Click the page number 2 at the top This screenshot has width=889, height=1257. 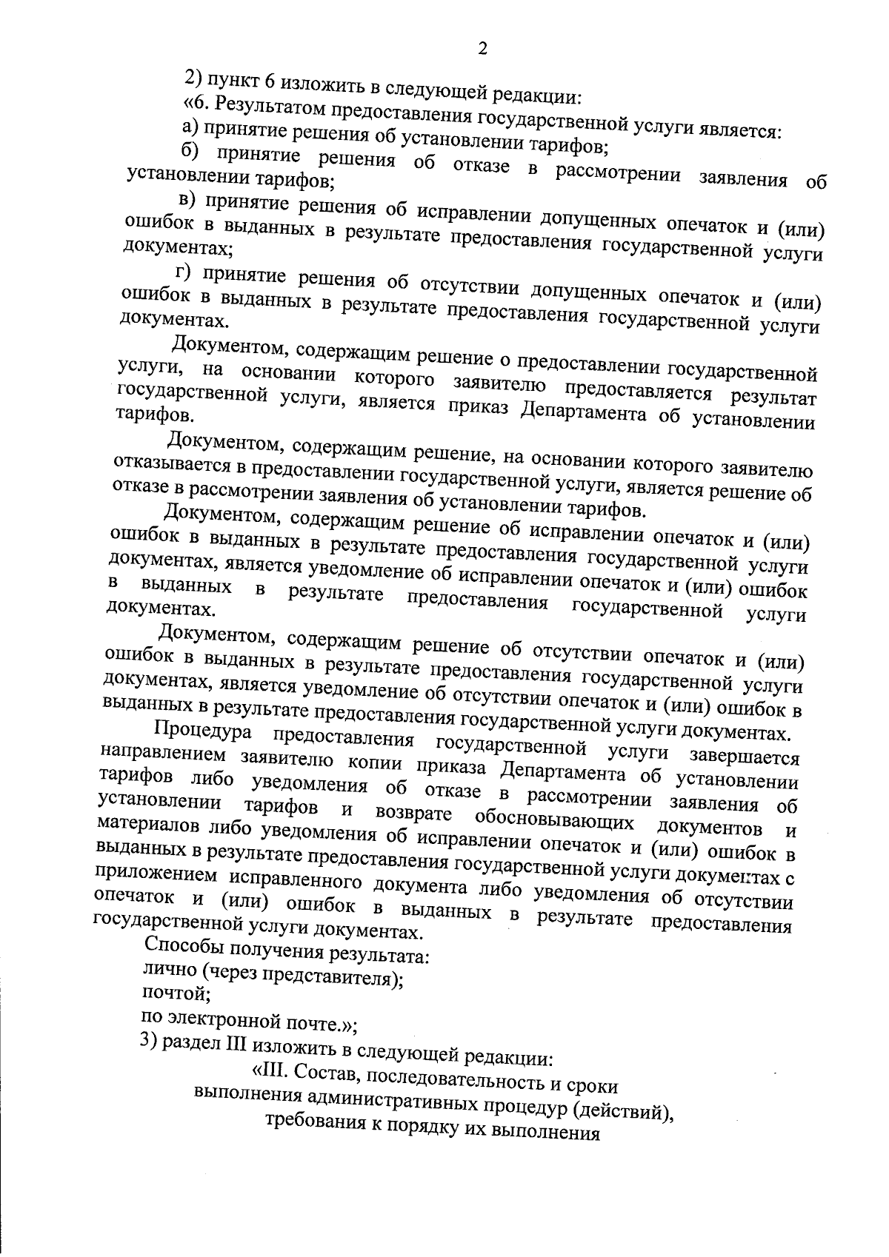tap(483, 50)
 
